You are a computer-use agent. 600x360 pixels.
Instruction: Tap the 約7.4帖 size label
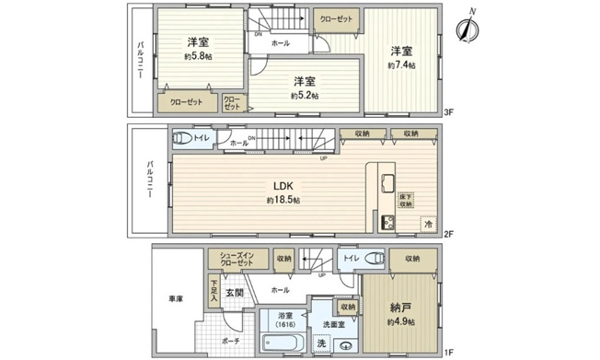[401, 66]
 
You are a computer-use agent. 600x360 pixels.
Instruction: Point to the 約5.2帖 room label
[305, 95]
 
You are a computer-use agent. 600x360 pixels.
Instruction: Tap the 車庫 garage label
[175, 299]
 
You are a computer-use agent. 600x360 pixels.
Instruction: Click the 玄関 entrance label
[235, 294]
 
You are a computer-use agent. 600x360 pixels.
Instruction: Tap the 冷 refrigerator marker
[428, 223]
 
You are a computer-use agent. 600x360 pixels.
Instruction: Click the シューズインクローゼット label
[237, 261]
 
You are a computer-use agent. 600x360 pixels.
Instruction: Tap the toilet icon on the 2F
[181, 139]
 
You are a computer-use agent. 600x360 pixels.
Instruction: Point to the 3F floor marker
[449, 112]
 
